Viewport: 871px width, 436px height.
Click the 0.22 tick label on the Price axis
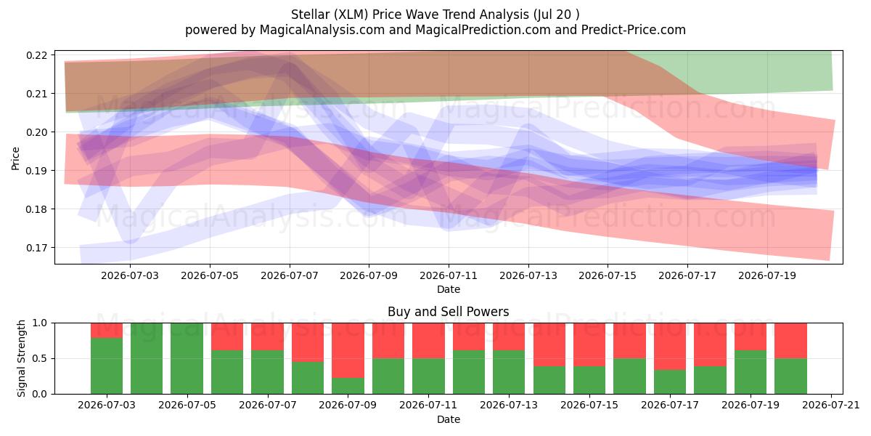pyautogui.click(x=36, y=55)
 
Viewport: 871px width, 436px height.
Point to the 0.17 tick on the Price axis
pyautogui.click(x=36, y=248)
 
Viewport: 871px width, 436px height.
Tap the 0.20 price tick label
pyautogui.click(x=36, y=132)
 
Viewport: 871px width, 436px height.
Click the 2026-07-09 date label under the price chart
pyautogui.click(x=369, y=275)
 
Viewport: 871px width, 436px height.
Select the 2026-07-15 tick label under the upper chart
pyautogui.click(x=608, y=275)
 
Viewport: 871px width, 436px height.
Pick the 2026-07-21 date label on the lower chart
pyautogui.click(x=831, y=405)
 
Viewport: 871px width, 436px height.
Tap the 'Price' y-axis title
pyautogui.click(x=15, y=158)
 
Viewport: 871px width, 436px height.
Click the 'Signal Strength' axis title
pyautogui.click(x=21, y=358)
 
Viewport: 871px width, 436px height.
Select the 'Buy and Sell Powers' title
pyautogui.click(x=449, y=312)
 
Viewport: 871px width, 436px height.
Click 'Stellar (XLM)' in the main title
pyautogui.click(x=330, y=15)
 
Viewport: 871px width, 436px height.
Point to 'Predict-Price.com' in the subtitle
pyautogui.click(x=634, y=30)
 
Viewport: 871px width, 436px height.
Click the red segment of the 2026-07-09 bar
pyautogui.click(x=348, y=350)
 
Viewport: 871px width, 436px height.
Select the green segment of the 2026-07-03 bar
pyautogui.click(x=107, y=366)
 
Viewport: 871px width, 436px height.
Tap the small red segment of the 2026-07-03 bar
pyautogui.click(x=107, y=331)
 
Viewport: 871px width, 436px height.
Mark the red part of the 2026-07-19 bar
pyautogui.click(x=751, y=336)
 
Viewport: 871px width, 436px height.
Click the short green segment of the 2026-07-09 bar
pyautogui.click(x=348, y=386)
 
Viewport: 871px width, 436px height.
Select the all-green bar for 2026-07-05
pyautogui.click(x=187, y=358)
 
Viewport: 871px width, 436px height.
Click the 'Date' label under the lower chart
pyautogui.click(x=449, y=420)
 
